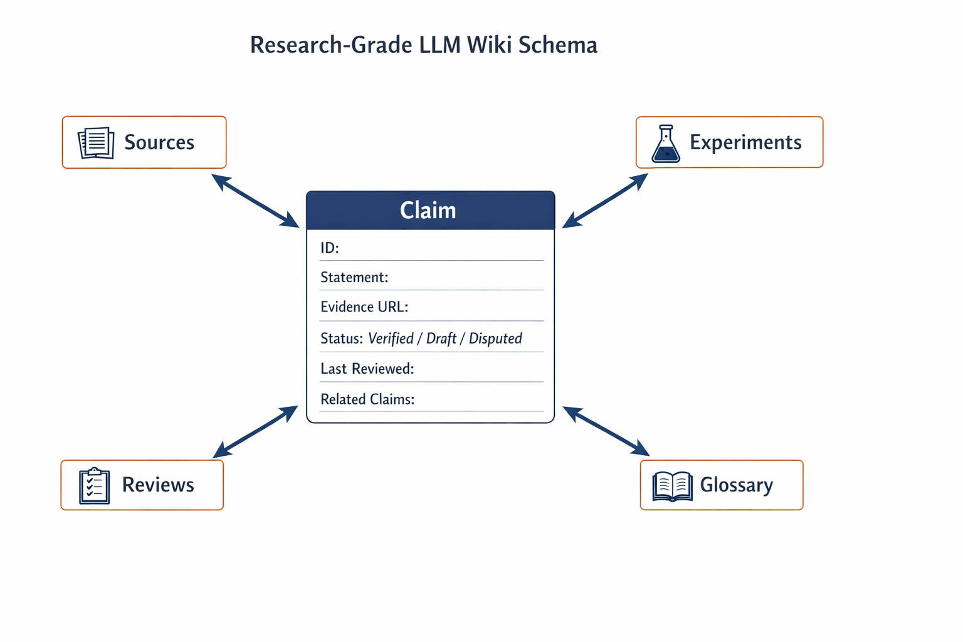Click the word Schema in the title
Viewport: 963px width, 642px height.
[557, 45]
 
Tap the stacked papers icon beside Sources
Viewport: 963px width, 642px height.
[96, 143]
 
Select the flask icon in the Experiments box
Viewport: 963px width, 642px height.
[665, 144]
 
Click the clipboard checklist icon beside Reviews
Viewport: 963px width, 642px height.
[94, 485]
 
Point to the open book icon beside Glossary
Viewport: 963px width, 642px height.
[672, 487]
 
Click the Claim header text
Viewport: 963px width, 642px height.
[428, 210]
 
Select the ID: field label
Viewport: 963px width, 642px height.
[330, 248]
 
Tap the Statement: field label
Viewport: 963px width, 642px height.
[354, 277]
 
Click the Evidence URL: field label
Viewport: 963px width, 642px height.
[364, 307]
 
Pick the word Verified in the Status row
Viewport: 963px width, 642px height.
[391, 339]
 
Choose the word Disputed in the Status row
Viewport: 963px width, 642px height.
[495, 339]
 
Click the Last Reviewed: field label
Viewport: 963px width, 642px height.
[367, 369]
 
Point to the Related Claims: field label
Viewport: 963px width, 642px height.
[367, 399]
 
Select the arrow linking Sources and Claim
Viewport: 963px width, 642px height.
[255, 201]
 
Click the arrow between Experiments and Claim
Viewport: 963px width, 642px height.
[605, 201]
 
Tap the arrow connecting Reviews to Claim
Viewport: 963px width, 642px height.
[255, 432]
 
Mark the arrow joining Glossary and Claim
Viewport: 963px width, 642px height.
[606, 431]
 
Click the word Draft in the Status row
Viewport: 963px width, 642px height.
[441, 339]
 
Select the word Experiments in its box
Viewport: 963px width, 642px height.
[745, 142]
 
